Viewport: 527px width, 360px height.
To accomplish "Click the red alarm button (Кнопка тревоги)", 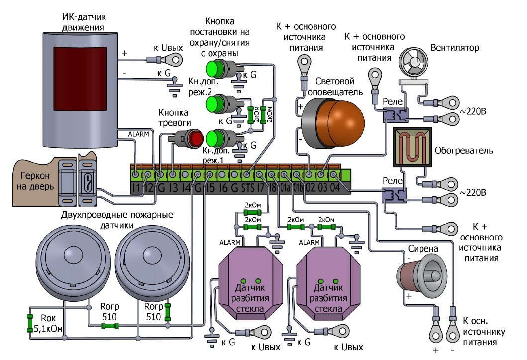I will [194, 138].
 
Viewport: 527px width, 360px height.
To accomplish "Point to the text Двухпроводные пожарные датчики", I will [117, 220].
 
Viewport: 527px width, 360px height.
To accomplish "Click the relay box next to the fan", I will [395, 116].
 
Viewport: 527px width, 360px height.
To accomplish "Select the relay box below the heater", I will [394, 194].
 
